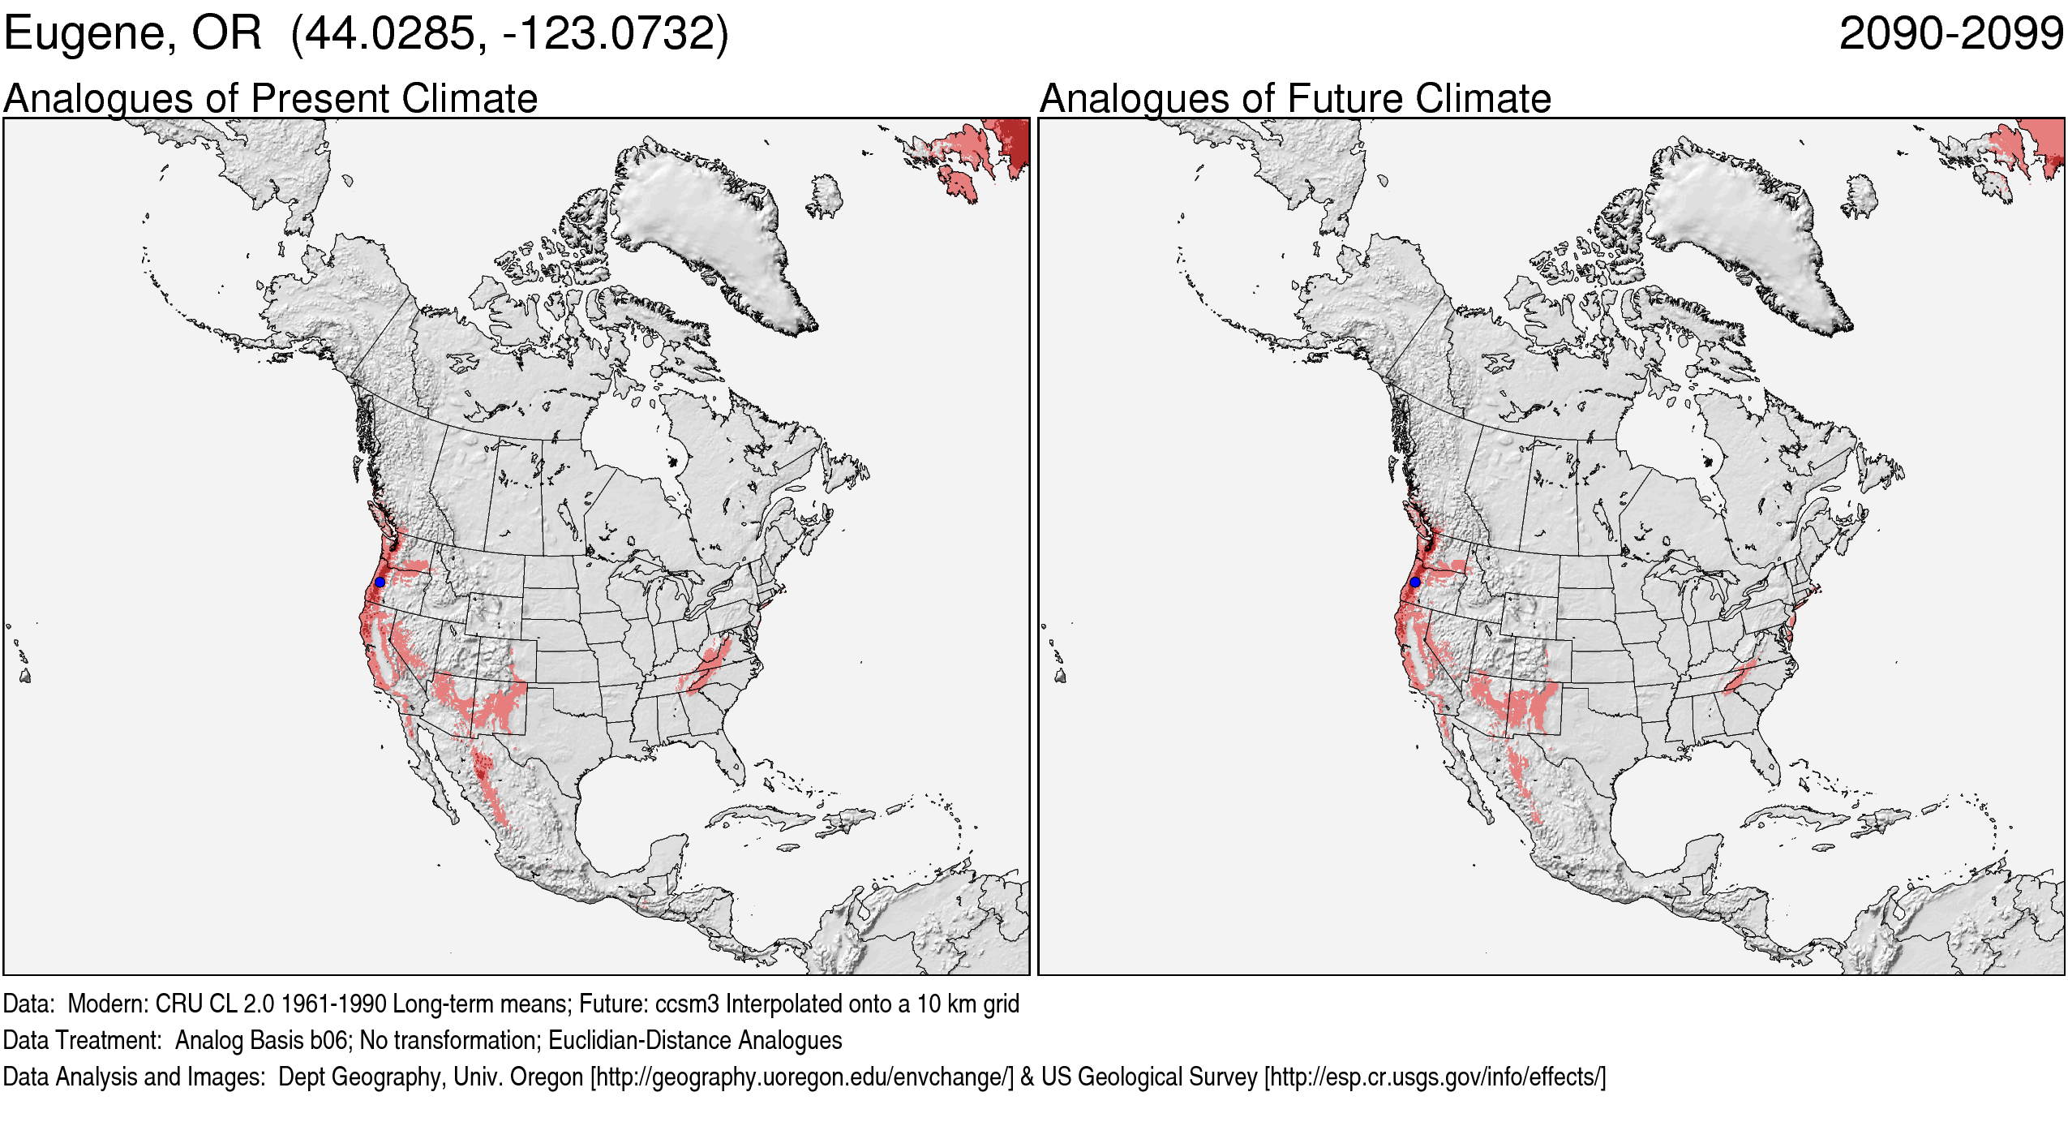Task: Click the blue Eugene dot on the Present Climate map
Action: click(x=380, y=582)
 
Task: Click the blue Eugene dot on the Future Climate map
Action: click(x=1414, y=582)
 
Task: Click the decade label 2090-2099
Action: click(x=1951, y=34)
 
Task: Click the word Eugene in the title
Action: click(x=89, y=34)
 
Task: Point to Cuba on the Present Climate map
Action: click(x=762, y=815)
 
